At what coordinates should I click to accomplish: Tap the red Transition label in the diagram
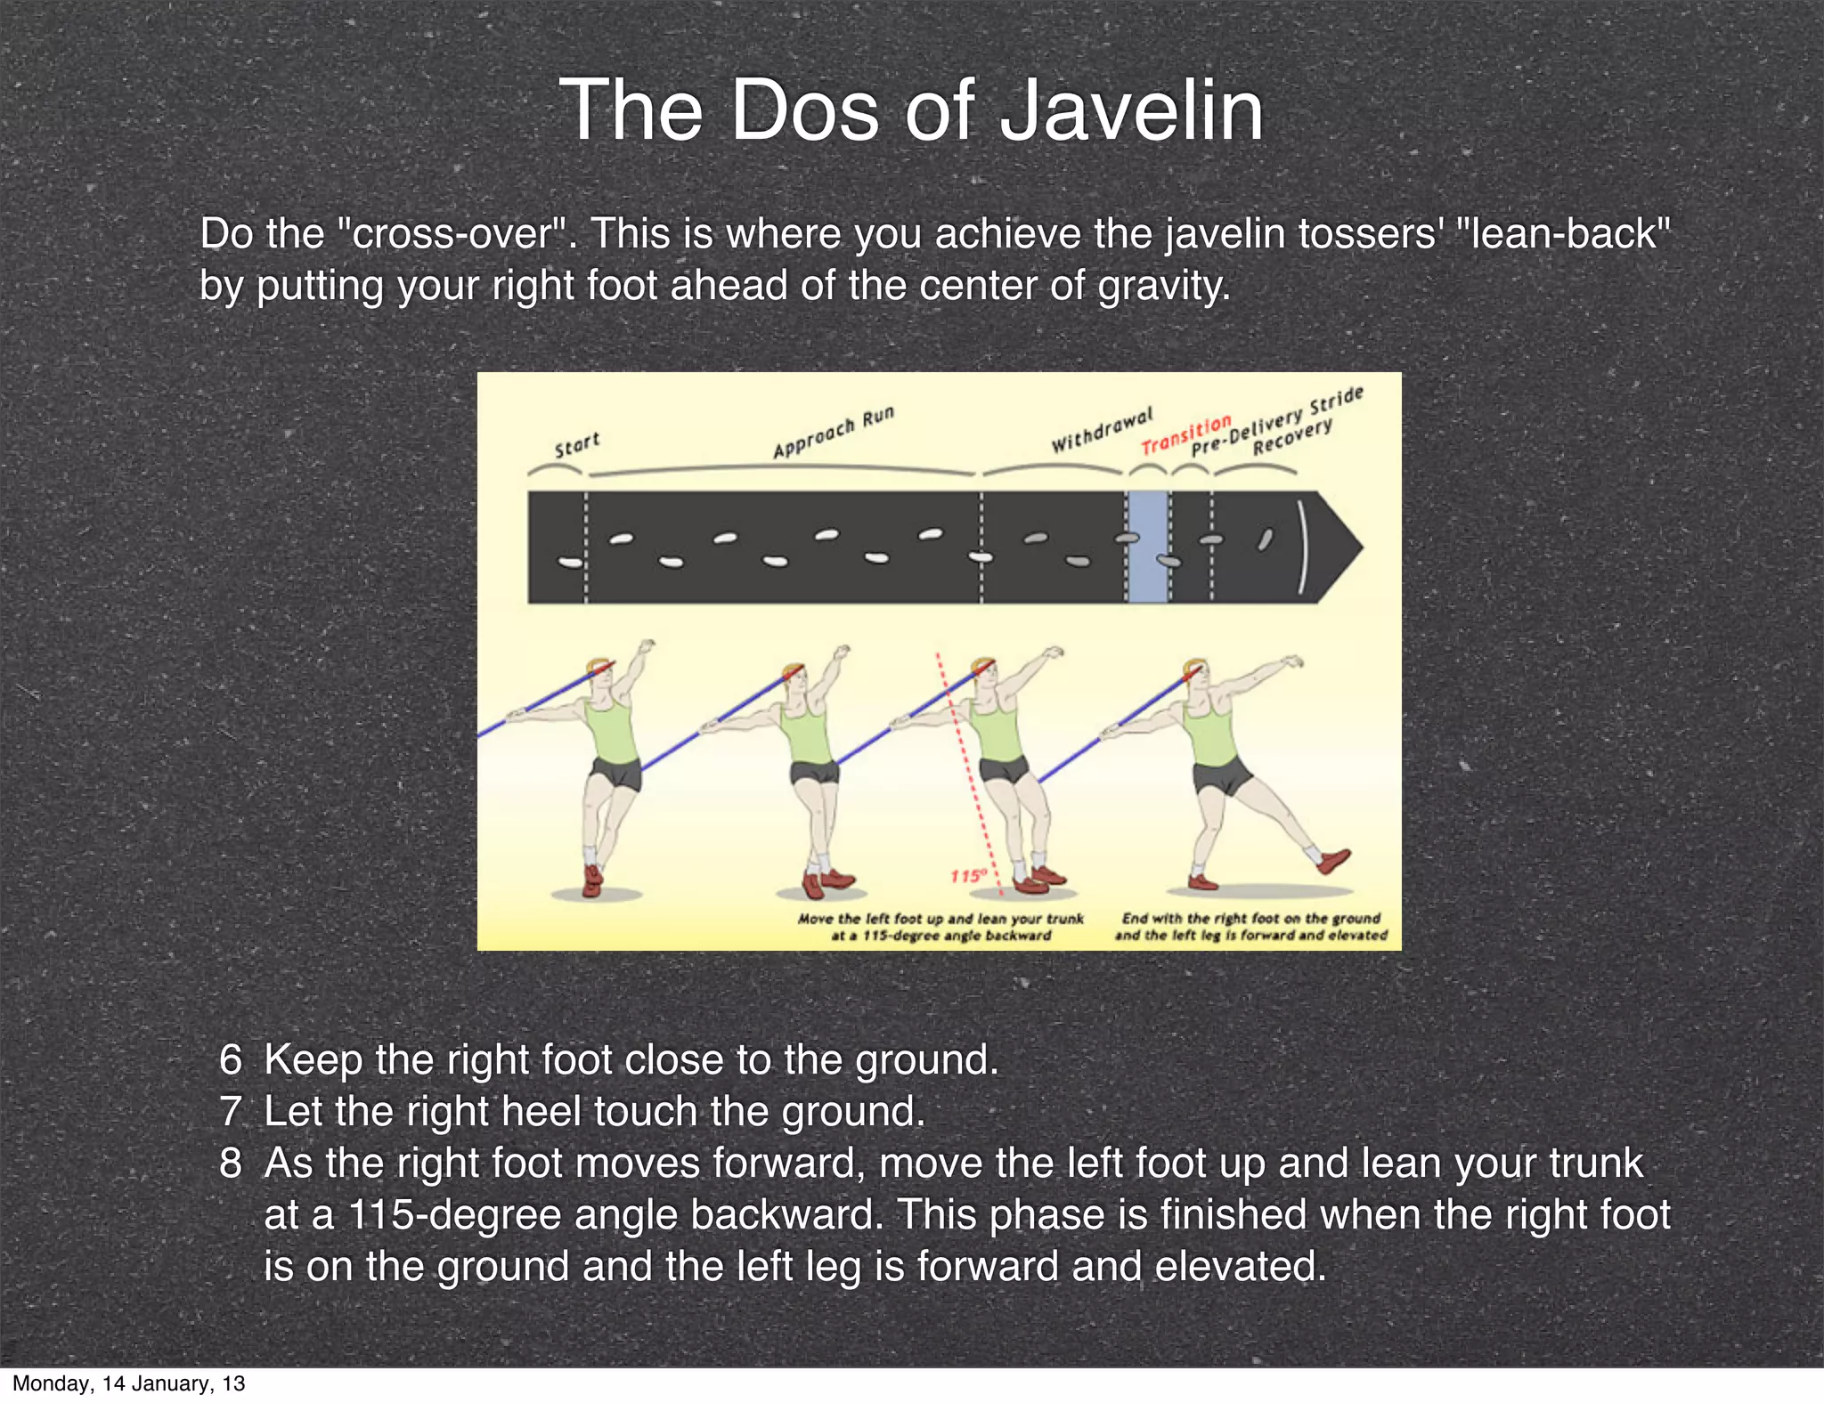click(1185, 434)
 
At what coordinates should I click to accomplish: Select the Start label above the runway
click(577, 444)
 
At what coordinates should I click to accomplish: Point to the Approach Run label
click(833, 432)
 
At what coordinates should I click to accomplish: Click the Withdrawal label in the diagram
click(1102, 430)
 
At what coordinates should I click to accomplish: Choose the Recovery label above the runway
click(1292, 436)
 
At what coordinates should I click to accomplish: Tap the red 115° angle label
click(968, 876)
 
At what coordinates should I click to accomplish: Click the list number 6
click(231, 1060)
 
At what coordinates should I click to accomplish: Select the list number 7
click(231, 1112)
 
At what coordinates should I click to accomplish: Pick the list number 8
click(231, 1164)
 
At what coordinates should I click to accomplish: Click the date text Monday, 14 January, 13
click(128, 1383)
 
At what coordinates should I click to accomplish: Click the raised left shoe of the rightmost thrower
click(1333, 861)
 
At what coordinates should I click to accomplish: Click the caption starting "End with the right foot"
click(1250, 927)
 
